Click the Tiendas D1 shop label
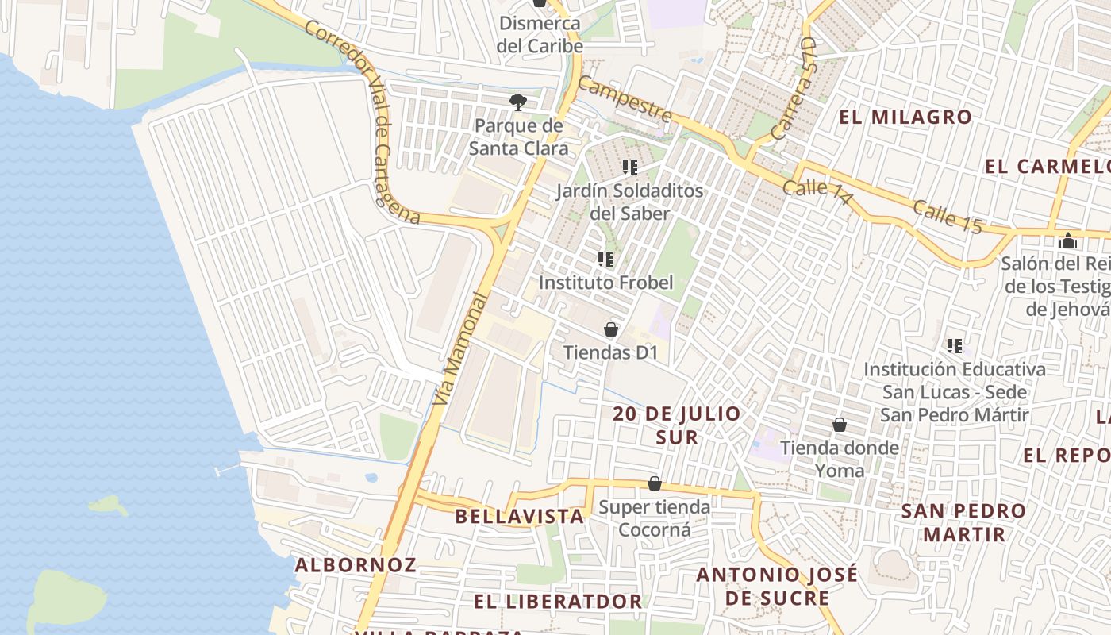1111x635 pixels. (x=610, y=352)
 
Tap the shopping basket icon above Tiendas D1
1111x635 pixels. (x=611, y=329)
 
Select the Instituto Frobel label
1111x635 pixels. (x=605, y=283)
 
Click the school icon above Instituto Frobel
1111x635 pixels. (x=606, y=260)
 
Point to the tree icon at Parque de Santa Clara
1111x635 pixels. (x=518, y=102)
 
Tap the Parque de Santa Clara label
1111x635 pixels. (x=518, y=137)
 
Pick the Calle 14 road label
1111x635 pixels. (x=817, y=193)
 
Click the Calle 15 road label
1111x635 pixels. (x=948, y=217)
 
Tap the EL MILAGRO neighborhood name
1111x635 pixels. (x=905, y=117)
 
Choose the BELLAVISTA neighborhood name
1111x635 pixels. (x=519, y=517)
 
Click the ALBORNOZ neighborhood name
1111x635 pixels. (x=356, y=565)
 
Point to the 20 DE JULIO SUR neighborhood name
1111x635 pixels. (x=677, y=425)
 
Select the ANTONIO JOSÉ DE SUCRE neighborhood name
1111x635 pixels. (x=777, y=586)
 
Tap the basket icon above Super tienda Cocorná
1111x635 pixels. (x=655, y=483)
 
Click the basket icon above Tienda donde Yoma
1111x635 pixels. (x=840, y=425)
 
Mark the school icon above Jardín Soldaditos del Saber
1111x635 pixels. (x=630, y=167)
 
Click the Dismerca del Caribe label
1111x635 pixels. (x=540, y=34)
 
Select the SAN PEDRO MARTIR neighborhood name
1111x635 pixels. (x=963, y=522)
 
